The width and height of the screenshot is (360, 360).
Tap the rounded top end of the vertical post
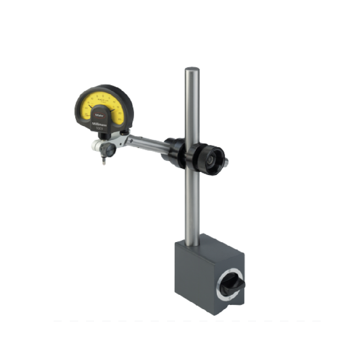[x=192, y=70]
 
